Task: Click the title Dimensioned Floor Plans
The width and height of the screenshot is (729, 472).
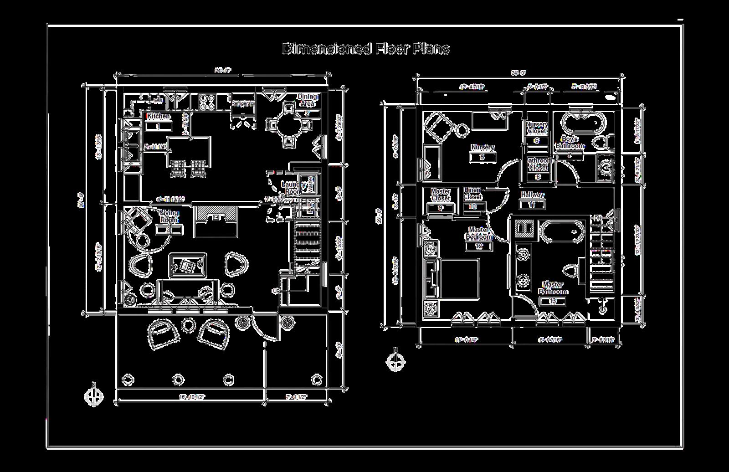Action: click(x=366, y=49)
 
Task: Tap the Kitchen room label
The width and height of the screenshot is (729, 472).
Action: click(x=158, y=116)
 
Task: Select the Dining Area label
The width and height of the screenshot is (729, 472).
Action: click(x=307, y=100)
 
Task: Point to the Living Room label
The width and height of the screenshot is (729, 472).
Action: click(x=169, y=216)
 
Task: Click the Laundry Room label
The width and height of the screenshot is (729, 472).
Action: click(x=293, y=188)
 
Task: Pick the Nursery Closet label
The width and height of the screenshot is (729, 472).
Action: click(x=537, y=128)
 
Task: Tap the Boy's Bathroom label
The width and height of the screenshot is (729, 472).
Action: click(x=569, y=143)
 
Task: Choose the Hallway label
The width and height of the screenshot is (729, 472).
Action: click(x=532, y=195)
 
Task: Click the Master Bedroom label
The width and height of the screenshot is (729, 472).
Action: click(x=478, y=233)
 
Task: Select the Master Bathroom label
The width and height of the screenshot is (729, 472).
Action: click(x=553, y=288)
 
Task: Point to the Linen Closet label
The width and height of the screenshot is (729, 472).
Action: click(x=472, y=194)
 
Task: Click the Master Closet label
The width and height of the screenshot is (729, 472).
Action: click(x=440, y=195)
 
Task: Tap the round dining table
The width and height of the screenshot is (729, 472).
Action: click(x=289, y=124)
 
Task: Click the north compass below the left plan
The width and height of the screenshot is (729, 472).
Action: click(x=93, y=396)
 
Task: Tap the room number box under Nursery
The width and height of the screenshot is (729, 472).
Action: click(x=482, y=157)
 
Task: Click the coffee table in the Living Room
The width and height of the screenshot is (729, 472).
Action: click(x=187, y=265)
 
